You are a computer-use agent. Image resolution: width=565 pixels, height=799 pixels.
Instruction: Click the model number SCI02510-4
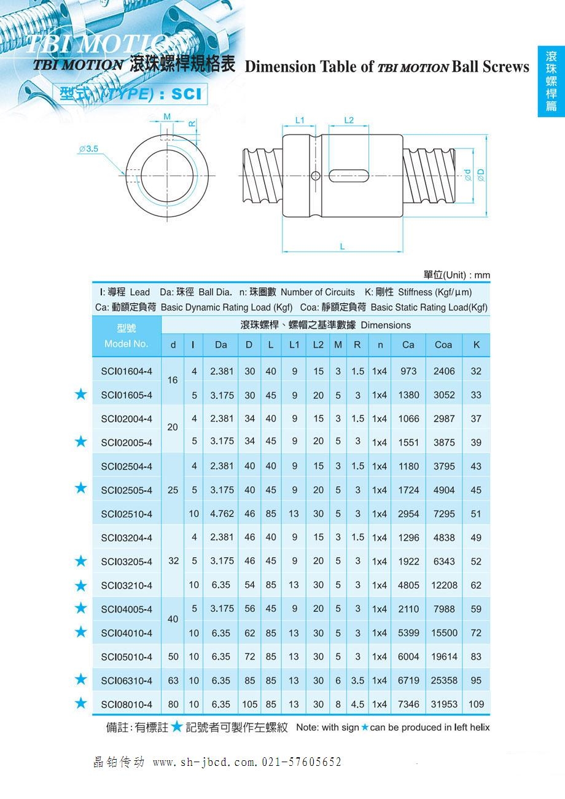pos(127,514)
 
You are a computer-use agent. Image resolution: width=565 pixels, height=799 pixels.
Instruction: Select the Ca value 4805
pos(408,585)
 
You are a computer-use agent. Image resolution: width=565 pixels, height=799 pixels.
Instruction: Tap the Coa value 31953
pos(444,704)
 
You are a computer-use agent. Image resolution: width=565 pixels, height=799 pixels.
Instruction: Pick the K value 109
pos(476,704)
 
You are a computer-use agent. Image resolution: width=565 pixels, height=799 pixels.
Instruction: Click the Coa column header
pos(443,345)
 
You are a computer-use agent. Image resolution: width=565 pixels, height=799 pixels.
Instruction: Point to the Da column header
pos(221,345)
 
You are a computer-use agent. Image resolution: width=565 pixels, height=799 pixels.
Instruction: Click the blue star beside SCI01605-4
pos(80,394)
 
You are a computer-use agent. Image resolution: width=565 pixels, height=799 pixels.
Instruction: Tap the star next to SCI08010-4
pos(80,703)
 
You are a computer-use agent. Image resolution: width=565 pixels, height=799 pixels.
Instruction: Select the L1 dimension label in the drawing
pos(300,120)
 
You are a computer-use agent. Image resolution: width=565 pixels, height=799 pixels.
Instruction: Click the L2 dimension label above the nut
pos(348,120)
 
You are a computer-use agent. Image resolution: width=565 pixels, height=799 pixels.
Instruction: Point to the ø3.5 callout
pos(89,149)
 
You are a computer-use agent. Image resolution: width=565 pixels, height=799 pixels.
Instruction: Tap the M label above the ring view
pos(167,117)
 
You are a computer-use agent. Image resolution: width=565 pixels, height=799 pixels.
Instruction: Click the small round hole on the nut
pos(316,176)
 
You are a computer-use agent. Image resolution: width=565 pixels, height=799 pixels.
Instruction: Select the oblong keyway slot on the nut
pos(348,176)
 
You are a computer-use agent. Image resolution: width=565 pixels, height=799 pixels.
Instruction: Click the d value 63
pos(173,681)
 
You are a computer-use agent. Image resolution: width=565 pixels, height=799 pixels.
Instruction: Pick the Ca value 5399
pos(408,633)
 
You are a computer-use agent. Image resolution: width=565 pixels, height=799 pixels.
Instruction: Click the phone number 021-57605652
pos(302,762)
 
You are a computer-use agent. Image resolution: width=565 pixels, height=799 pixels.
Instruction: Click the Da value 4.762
pos(221,514)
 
